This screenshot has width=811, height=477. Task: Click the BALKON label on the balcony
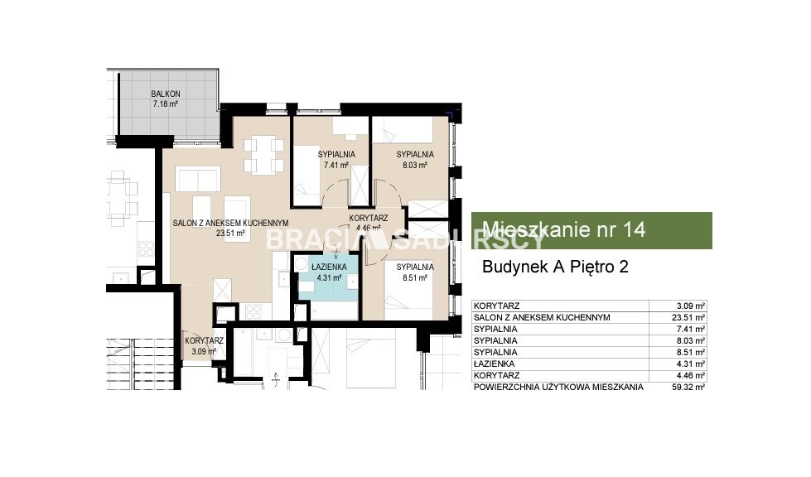pos(166,94)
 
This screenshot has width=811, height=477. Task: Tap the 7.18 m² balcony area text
pos(166,104)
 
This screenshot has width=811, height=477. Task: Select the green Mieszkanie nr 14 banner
pos(591,230)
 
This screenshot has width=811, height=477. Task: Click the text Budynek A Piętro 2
pos(555,267)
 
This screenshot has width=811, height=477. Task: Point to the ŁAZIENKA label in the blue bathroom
pos(329,267)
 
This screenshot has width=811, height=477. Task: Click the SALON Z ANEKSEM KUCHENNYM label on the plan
pos(230,223)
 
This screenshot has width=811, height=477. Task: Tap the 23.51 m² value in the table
pos(688,318)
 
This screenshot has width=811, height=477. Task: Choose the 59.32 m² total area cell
pos(688,387)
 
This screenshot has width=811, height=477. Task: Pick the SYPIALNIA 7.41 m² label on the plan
pos(336,160)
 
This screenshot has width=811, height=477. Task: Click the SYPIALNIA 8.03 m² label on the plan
pos(415,160)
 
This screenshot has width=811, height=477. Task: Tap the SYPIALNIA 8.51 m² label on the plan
pos(415,272)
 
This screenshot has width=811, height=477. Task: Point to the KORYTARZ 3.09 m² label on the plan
pos(204,346)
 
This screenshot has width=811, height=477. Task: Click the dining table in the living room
pos(263,154)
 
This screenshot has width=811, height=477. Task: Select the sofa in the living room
pos(198,179)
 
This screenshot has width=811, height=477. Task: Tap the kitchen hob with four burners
pos(253,311)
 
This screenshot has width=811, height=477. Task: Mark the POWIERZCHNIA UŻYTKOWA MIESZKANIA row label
pos(558,387)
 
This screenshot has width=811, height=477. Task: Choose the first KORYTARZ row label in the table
pos(496,306)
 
